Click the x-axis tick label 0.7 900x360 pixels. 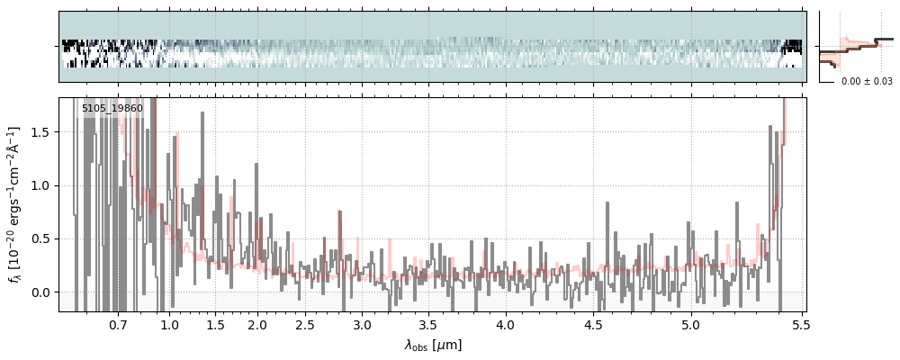[x=118, y=324]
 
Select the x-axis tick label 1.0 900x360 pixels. [x=169, y=324]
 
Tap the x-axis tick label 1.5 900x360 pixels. [x=216, y=324]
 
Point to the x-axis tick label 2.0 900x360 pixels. [x=257, y=324]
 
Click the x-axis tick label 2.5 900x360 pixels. [x=305, y=324]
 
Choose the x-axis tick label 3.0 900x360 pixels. [x=362, y=324]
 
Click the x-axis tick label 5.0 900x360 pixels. [x=691, y=324]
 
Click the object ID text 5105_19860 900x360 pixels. [x=112, y=109]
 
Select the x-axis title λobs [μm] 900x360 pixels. [x=433, y=345]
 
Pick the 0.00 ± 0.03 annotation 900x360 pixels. [x=867, y=82]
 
